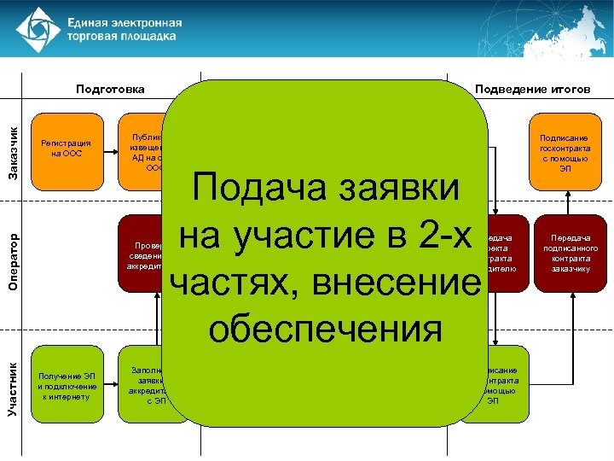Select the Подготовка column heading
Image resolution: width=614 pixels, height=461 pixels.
(x=110, y=89)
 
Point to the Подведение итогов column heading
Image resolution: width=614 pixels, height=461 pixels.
(x=532, y=89)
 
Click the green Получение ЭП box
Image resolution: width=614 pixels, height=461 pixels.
(x=67, y=386)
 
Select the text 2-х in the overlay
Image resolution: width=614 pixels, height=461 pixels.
(x=440, y=236)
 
